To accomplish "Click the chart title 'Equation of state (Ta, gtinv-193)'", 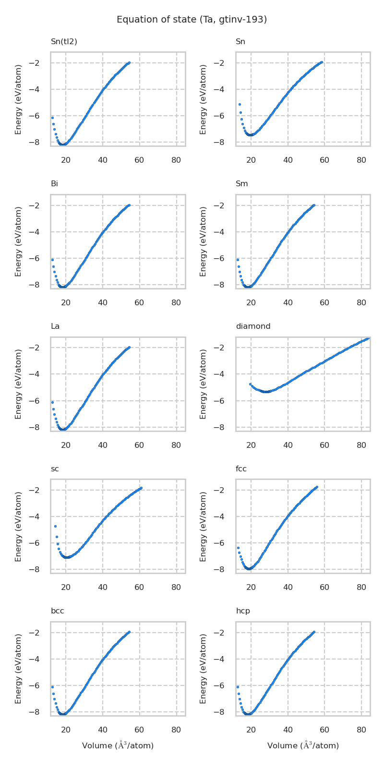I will coord(192,20).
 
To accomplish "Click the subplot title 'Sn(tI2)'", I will coord(64,42).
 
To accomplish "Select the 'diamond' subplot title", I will coord(253,326).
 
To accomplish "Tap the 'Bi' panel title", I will coord(54,184).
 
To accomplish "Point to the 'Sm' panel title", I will coord(241,184).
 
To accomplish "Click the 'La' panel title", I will coord(55,326).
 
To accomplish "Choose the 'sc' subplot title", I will coord(55,469).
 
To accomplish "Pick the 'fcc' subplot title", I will coord(241,469).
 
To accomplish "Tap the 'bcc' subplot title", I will coord(57,611).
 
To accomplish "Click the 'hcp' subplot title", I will coord(243,611).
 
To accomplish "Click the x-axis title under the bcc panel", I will coord(118,745).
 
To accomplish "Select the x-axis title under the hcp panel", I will coord(303,745).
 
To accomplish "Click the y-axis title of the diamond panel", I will coord(204,384).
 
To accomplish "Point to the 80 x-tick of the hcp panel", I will coord(361,730).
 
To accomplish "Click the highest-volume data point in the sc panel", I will coord(141,488).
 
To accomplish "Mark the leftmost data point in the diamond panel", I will coord(250,384).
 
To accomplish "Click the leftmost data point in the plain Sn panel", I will coord(240,104).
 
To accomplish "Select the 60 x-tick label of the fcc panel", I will coord(324,587).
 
